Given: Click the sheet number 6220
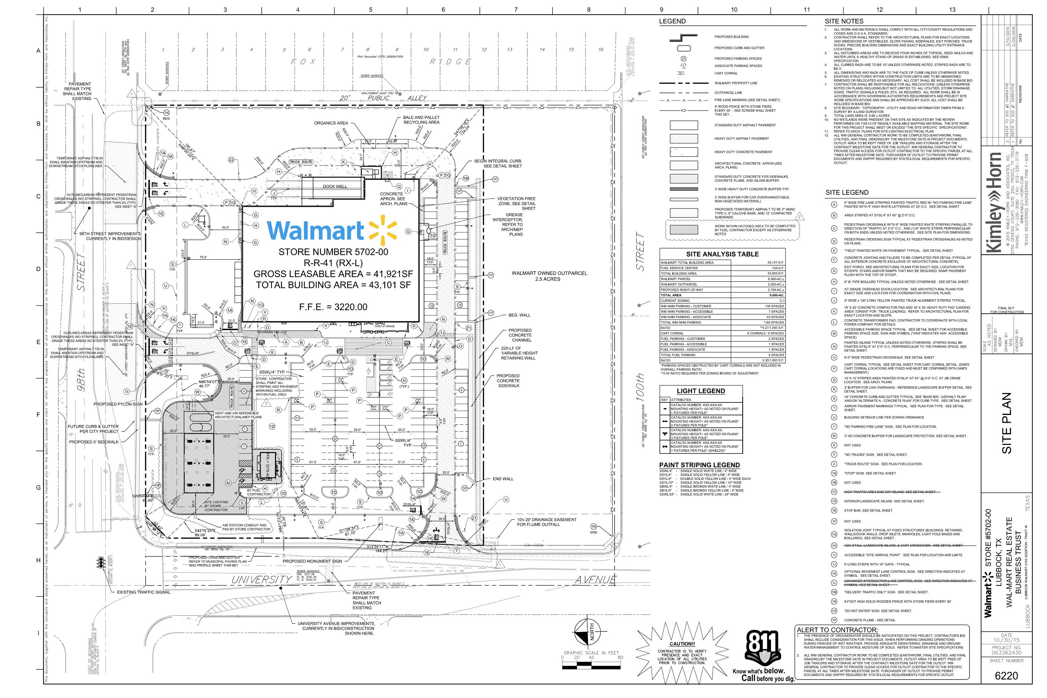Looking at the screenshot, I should point(1006,676).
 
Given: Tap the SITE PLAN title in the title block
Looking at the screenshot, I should point(1007,423).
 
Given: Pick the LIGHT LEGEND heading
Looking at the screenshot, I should point(701,391).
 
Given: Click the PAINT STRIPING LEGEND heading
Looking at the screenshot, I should point(699,465).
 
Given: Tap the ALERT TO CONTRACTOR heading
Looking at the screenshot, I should point(837,630).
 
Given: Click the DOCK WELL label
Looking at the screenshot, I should point(335,186).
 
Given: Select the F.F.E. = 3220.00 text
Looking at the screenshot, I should point(333,307).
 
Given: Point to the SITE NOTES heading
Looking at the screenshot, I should point(844,21).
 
